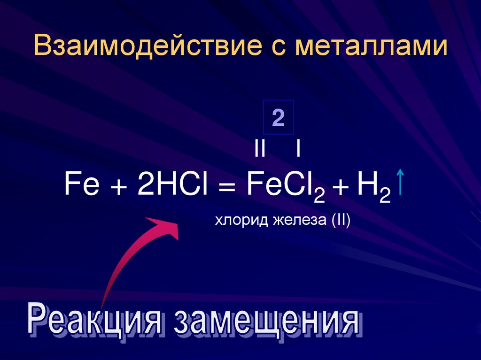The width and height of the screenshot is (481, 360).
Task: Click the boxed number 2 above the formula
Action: (278, 118)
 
